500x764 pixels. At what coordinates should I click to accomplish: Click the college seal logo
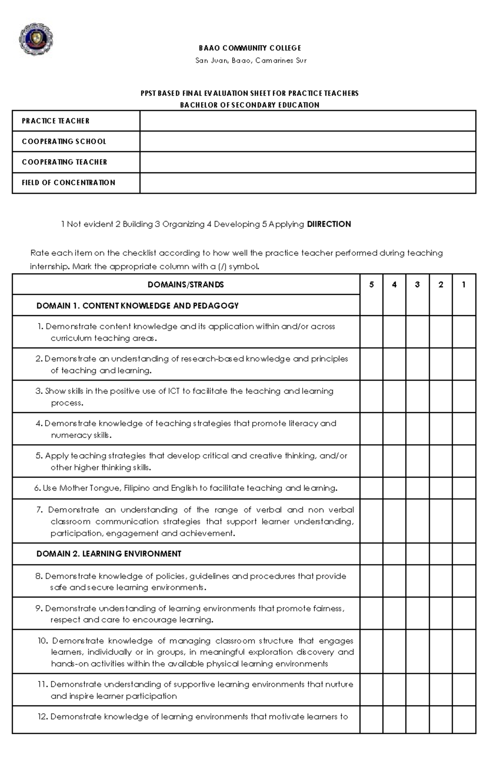pos(36,39)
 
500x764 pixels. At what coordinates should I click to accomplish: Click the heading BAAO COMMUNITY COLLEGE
pos(250,48)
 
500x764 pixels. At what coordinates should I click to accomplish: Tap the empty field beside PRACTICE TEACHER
pos(307,121)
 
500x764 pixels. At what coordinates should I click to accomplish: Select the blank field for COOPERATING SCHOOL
pos(307,142)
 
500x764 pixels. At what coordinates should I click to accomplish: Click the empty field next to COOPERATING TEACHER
pos(307,162)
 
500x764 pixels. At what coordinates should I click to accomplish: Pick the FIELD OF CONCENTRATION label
pos(68,182)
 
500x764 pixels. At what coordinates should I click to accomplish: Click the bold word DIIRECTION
pos(329,224)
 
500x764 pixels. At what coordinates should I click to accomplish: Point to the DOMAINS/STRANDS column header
pos(186,285)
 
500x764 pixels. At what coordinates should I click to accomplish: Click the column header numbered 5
pos(371,285)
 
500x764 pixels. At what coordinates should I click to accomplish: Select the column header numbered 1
pos(463,285)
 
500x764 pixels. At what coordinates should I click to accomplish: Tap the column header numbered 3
pos(417,285)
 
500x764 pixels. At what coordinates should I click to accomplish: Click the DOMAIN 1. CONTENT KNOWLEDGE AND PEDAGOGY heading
pos(137,306)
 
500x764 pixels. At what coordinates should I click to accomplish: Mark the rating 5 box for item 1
pos(371,332)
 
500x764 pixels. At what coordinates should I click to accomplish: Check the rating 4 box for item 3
pos(394,396)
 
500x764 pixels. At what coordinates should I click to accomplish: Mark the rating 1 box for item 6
pos(463,488)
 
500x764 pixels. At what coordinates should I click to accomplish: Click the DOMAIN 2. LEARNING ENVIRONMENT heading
pos(109,554)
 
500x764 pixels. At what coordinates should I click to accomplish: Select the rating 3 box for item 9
pos(417,613)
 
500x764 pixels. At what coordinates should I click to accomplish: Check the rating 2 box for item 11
pos(440,690)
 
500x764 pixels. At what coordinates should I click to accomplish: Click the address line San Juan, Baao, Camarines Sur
pos(251,61)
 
